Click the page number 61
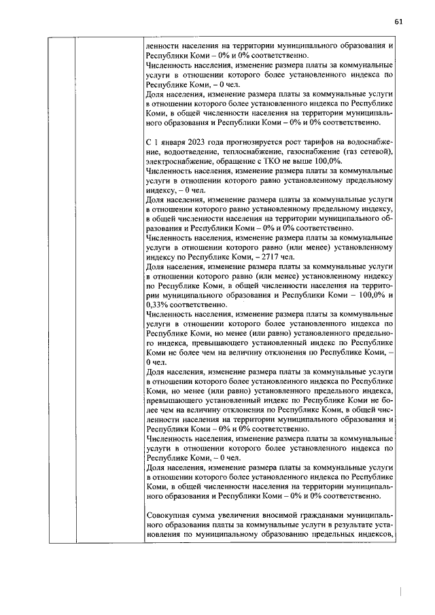(x=398, y=21)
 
